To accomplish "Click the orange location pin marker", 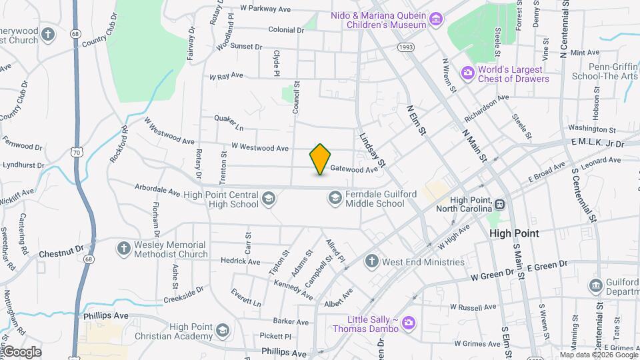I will click(321, 159).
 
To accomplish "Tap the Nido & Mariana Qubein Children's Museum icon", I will click(436, 18).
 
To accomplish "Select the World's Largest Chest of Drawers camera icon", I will click(468, 72).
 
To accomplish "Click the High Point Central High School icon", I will click(268, 198).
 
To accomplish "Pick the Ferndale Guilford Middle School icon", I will click(335, 198).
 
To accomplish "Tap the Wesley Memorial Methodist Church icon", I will click(123, 249).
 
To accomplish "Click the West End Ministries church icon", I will click(372, 261).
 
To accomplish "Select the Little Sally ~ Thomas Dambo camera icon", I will click(408, 323).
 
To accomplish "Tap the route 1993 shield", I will click(406, 47).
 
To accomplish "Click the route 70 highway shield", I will click(78, 153).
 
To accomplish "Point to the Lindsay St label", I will click(373, 149).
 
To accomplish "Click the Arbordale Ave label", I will click(157, 191).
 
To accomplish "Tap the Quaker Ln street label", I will click(229, 123).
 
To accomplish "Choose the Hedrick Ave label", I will click(240, 261).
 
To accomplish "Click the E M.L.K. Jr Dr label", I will click(597, 143).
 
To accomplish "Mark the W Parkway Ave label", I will click(266, 9).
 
